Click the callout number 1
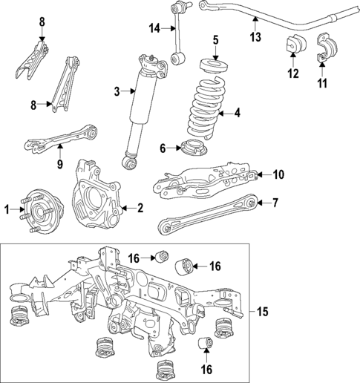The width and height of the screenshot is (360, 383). tap(7, 210)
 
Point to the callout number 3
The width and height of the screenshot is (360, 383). tap(116, 91)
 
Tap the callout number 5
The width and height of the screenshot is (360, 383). tap(215, 39)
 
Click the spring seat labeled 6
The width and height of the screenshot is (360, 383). tap(193, 149)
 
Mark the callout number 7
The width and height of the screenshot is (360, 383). tap(275, 201)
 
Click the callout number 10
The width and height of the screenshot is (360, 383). tap(278, 175)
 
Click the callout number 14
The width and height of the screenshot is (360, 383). tap(154, 28)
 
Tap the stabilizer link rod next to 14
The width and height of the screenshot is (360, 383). tap(179, 42)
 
